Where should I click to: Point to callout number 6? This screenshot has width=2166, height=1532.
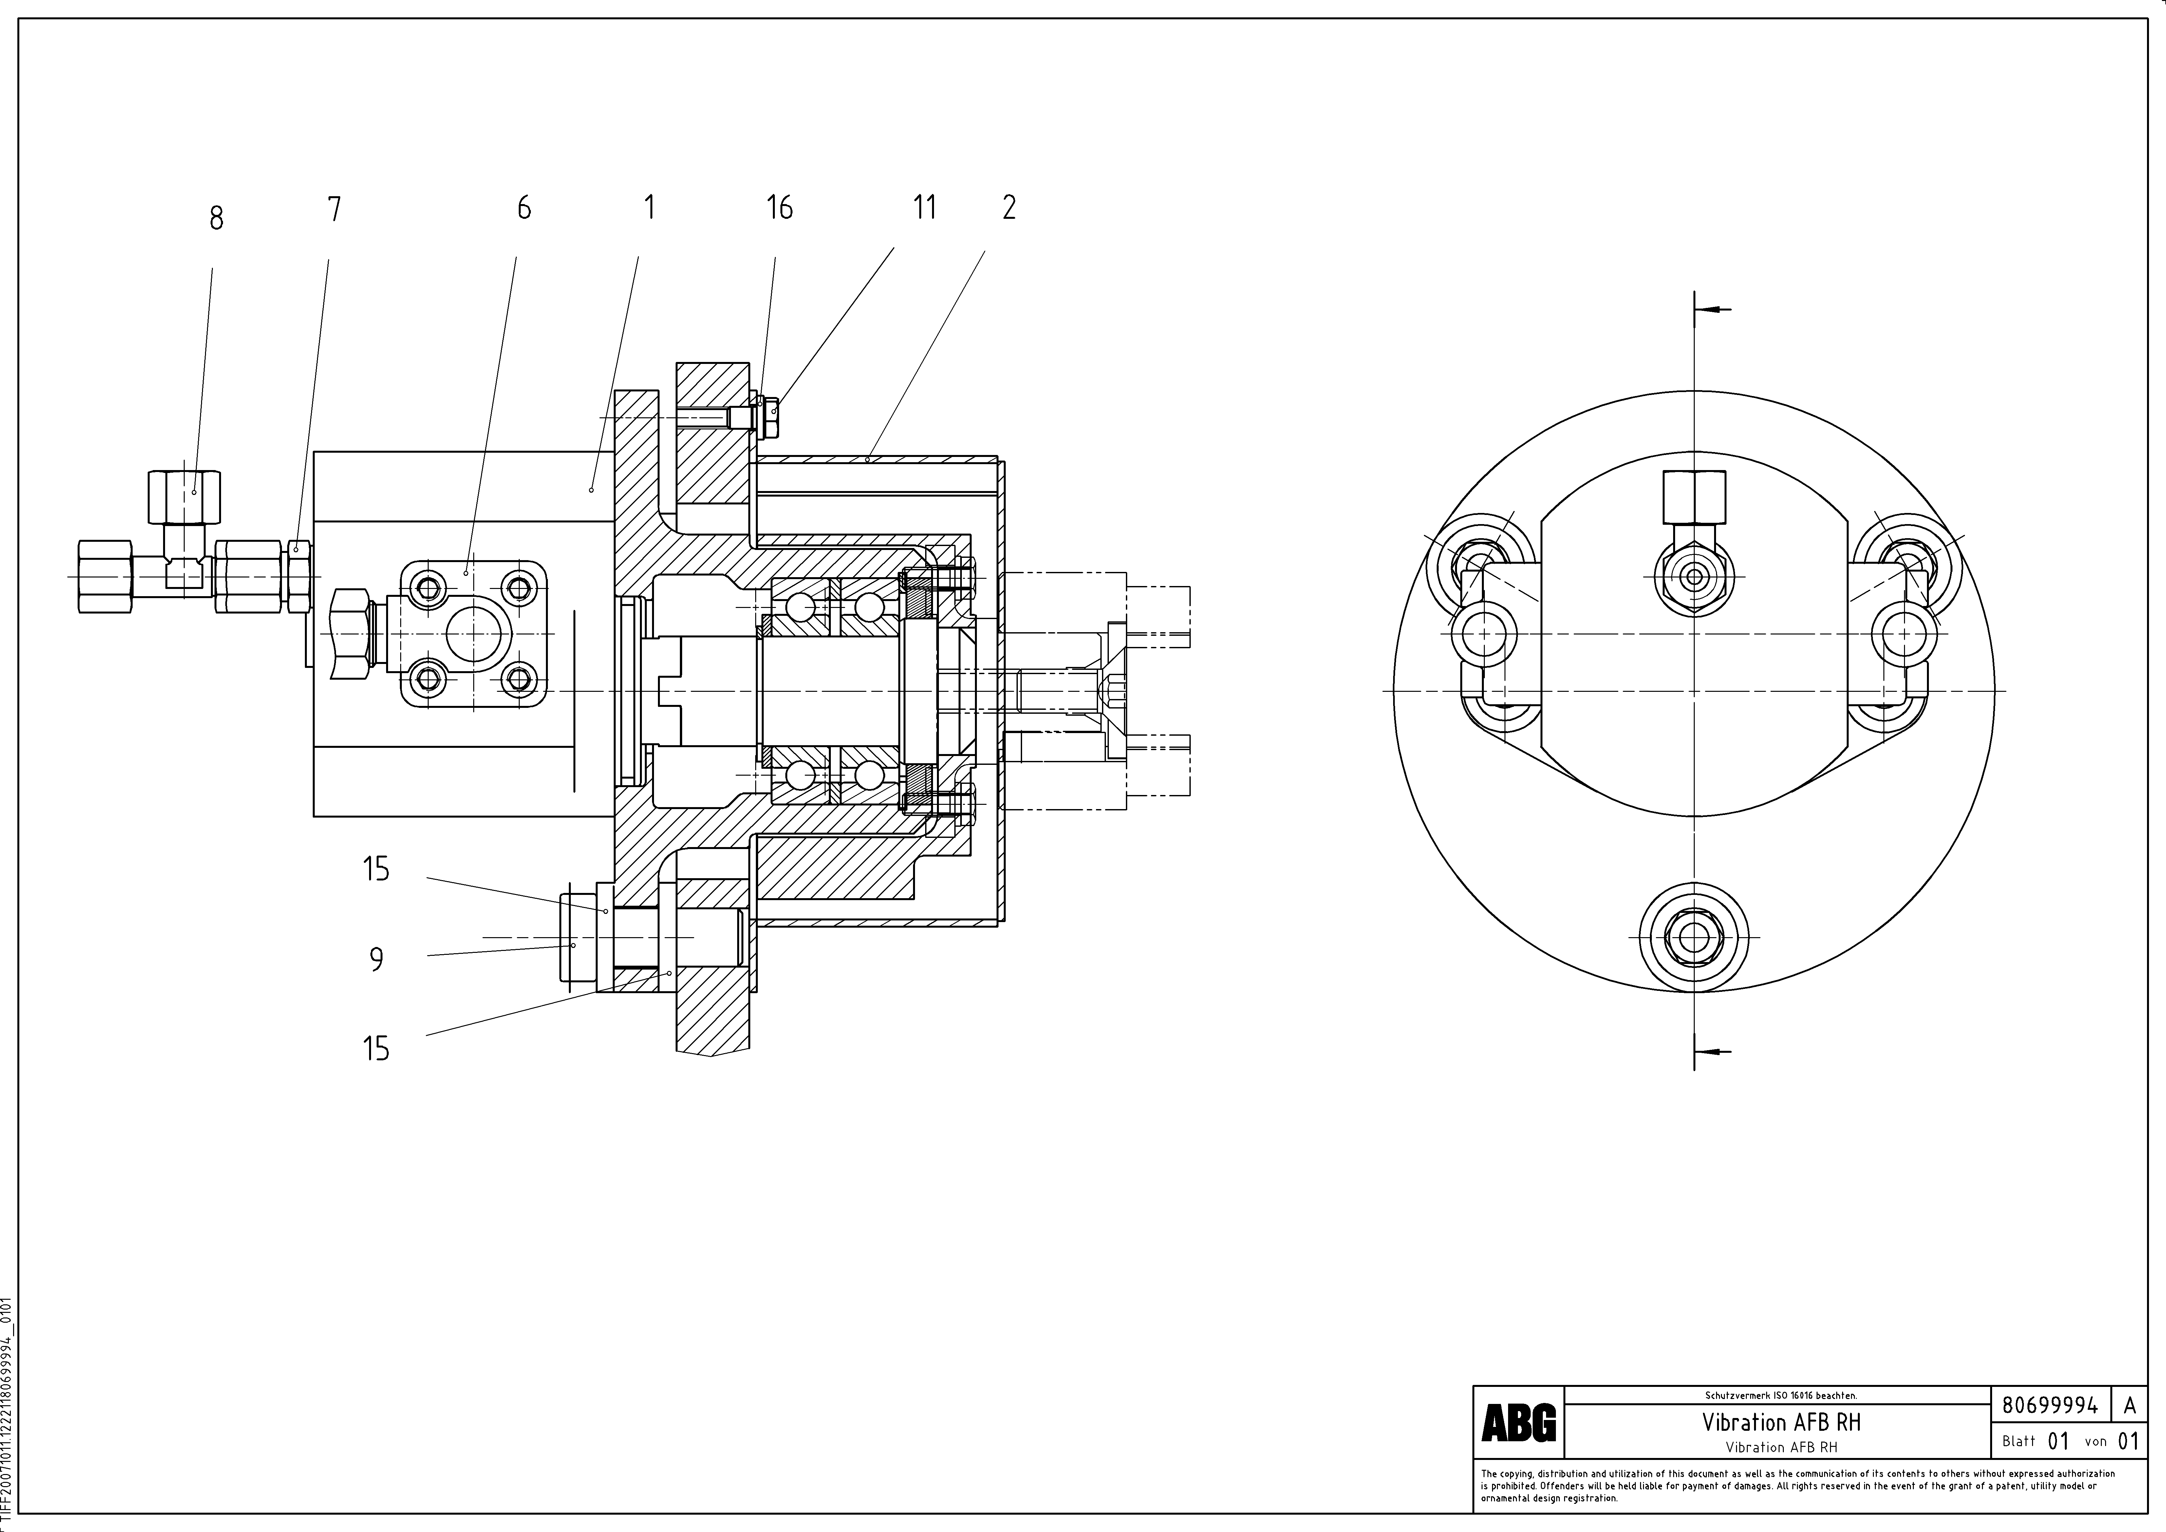[x=524, y=208]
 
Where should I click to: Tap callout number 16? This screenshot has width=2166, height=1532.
[x=779, y=208]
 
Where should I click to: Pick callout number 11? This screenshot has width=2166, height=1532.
[x=924, y=208]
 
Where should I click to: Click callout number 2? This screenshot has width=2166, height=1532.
[x=1008, y=208]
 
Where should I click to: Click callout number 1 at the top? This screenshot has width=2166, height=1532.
[x=649, y=208]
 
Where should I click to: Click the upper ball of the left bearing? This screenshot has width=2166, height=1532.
[x=800, y=608]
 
